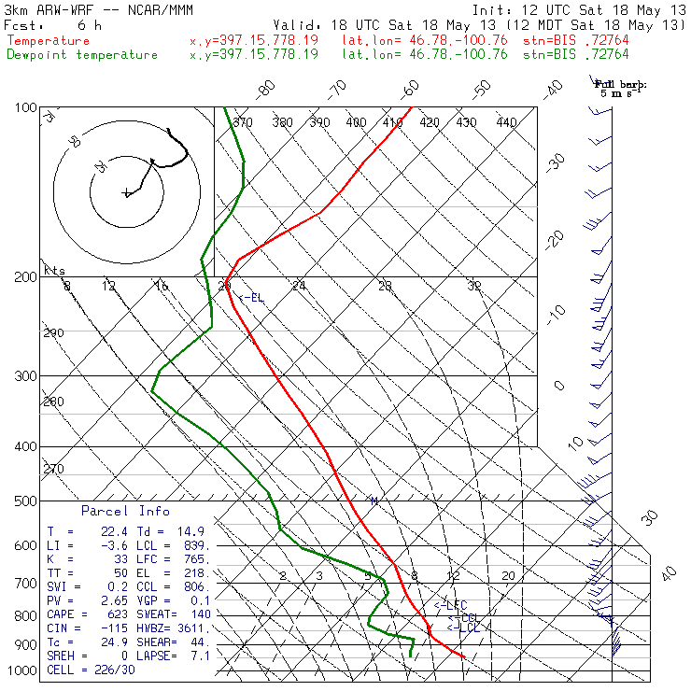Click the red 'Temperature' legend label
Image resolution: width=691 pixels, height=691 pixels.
click(49, 41)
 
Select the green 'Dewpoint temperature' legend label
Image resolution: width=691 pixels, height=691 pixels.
click(82, 54)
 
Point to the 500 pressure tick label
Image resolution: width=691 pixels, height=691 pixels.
click(26, 501)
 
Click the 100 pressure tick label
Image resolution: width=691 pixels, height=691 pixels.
click(26, 108)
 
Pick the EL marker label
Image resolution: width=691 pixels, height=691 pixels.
click(251, 298)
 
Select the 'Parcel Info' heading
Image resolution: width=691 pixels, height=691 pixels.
click(125, 511)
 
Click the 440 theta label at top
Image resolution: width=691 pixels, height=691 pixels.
click(506, 122)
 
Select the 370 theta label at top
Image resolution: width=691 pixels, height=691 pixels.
click(244, 122)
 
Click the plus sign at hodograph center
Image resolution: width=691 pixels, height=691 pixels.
click(126, 193)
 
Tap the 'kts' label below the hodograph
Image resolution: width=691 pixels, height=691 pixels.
click(55, 271)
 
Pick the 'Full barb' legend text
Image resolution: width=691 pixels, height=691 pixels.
click(621, 84)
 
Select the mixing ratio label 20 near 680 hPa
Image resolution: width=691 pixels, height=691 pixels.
click(508, 576)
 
